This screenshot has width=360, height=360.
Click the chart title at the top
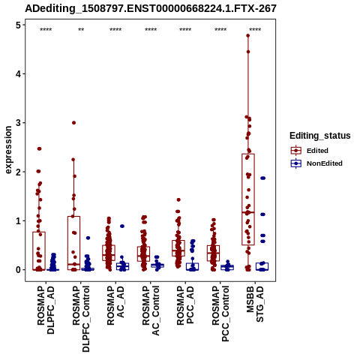(151, 9)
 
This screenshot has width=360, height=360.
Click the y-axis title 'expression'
(8, 150)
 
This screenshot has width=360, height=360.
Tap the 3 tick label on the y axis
(18, 123)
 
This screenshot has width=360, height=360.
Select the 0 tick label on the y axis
(18, 270)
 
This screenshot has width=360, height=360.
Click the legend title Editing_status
(320, 136)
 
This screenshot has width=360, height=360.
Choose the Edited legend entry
(317, 151)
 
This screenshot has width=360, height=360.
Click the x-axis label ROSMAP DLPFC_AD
(46, 310)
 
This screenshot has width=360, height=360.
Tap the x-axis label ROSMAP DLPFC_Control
(81, 319)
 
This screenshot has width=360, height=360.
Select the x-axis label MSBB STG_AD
(255, 304)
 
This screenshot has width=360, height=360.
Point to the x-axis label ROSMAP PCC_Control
(220, 313)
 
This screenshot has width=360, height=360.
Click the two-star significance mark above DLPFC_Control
(81, 30)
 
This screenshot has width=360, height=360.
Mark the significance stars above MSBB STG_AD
(255, 30)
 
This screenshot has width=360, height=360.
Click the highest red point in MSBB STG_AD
(248, 35)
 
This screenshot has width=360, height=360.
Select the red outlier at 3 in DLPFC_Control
(73, 123)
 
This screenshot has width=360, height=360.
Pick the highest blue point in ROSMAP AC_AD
(122, 226)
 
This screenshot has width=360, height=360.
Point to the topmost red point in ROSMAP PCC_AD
(178, 199)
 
